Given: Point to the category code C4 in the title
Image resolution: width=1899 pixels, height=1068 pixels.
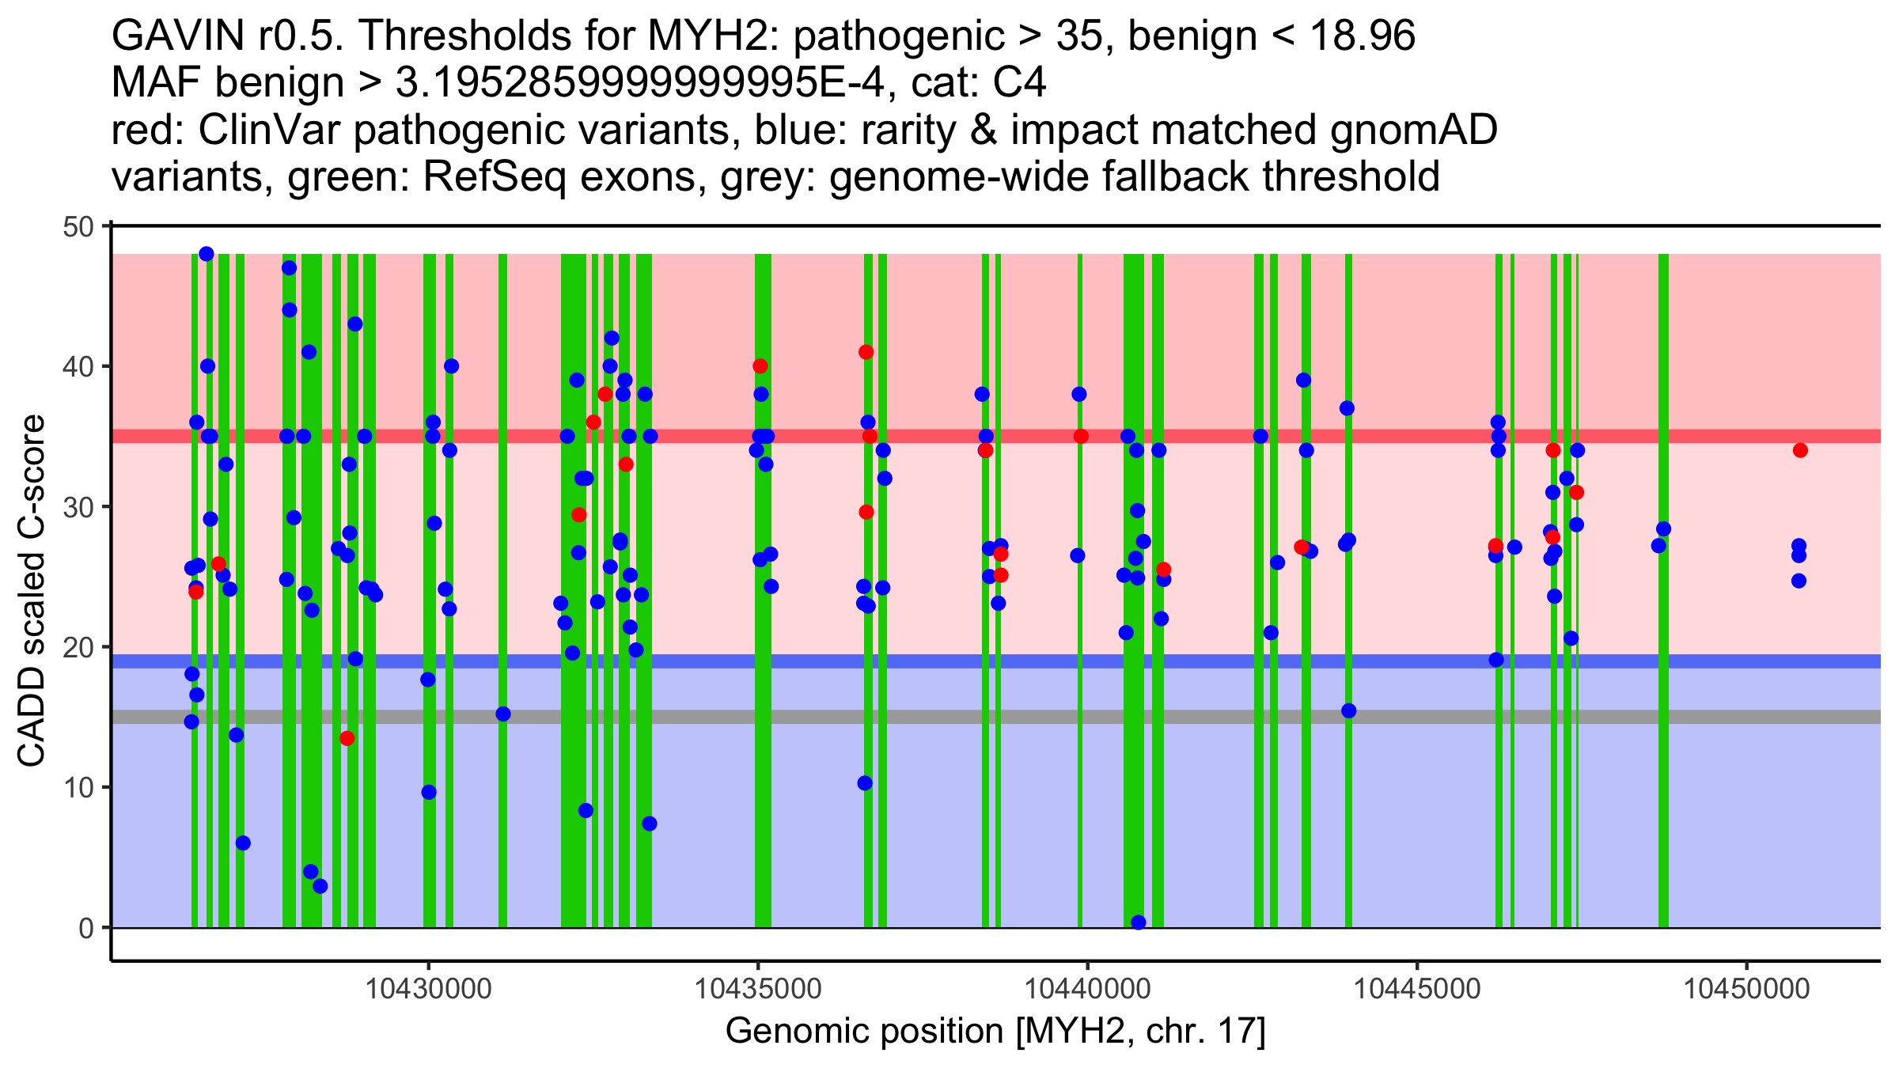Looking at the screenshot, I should click(x=1021, y=83).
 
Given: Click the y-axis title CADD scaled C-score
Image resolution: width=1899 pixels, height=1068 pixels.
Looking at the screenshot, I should click(x=32, y=592).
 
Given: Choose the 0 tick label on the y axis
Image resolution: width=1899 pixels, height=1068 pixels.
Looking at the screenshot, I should click(x=86, y=929).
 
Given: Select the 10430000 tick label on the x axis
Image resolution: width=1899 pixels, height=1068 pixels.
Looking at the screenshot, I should click(x=429, y=990).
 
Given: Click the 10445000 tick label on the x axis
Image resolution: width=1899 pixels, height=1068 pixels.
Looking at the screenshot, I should click(x=1417, y=990).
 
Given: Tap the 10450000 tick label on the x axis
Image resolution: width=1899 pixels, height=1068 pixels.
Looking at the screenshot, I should click(x=1746, y=990).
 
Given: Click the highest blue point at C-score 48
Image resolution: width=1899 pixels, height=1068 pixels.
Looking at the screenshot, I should click(x=207, y=254).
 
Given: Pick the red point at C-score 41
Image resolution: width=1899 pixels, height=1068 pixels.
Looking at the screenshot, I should click(x=866, y=352).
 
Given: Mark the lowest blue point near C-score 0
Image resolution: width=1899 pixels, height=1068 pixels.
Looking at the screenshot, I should click(x=1139, y=922).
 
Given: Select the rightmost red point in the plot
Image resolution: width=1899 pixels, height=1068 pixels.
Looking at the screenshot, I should click(x=1800, y=451).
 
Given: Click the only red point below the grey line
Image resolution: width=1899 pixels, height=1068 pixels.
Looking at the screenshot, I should click(x=347, y=739).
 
